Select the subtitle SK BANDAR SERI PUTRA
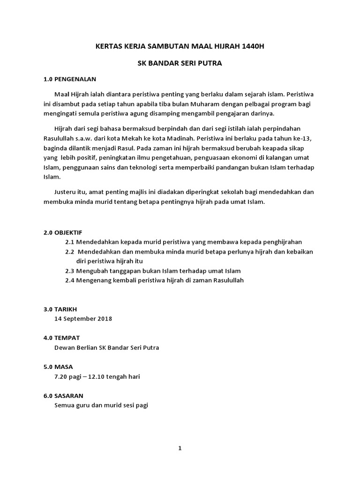[180, 63]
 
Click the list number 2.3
[70, 271]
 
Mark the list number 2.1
[70, 242]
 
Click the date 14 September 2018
[83, 319]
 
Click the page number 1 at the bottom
[180, 448]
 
